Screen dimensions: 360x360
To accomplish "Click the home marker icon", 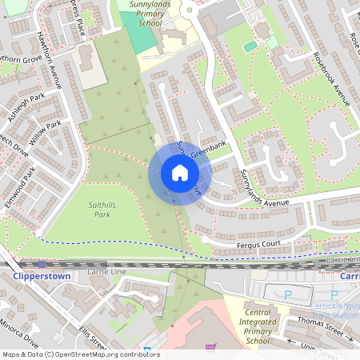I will [x=179, y=173].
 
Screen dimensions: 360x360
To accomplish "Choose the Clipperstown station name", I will [x=42, y=276].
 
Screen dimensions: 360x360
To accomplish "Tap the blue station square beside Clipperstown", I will [x=42, y=264].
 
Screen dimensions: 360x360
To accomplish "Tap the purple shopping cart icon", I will [x=210, y=348].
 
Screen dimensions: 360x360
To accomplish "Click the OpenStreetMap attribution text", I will [x=80, y=354].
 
